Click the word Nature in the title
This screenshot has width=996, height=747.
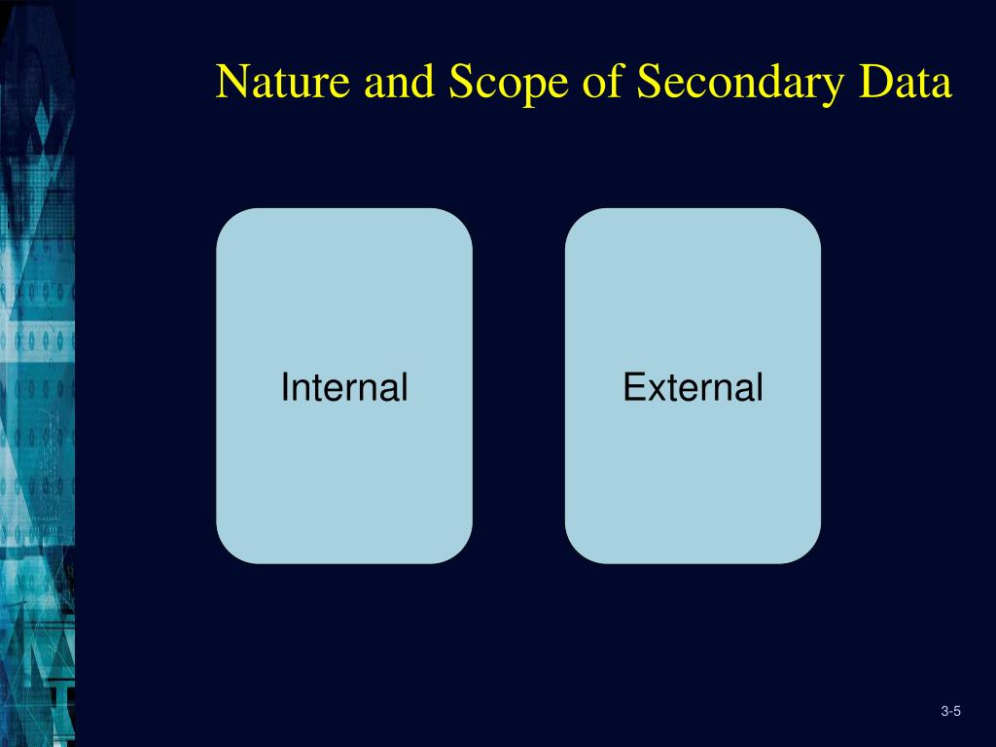click(x=283, y=83)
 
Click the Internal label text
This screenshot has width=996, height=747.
click(x=343, y=388)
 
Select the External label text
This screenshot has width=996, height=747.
click(x=693, y=388)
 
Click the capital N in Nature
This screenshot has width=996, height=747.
click(x=231, y=83)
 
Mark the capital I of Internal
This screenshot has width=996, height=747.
click(x=284, y=388)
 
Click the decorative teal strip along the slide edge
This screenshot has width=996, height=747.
click(x=37, y=389)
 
